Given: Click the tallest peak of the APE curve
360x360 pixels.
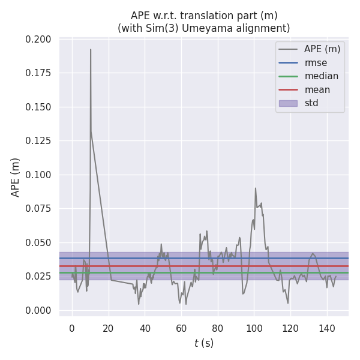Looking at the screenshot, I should [x=91, y=50].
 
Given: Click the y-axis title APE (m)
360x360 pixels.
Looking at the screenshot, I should [x=16, y=177].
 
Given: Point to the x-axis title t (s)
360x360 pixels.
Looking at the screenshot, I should [x=204, y=343].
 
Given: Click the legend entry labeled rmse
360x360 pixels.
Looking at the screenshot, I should [x=316, y=62].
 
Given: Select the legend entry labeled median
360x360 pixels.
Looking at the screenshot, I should [x=321, y=76].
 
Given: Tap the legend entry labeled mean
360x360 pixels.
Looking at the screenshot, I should [x=317, y=90].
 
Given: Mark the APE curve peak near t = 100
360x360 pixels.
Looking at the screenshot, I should [x=255, y=188].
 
